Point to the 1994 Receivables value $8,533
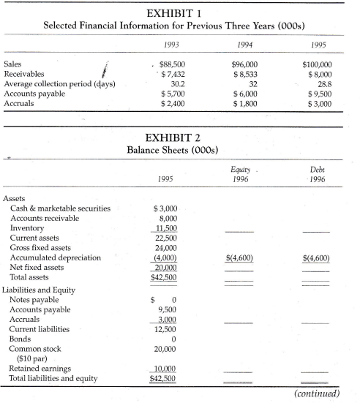(246, 74)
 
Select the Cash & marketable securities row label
(61, 208)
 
